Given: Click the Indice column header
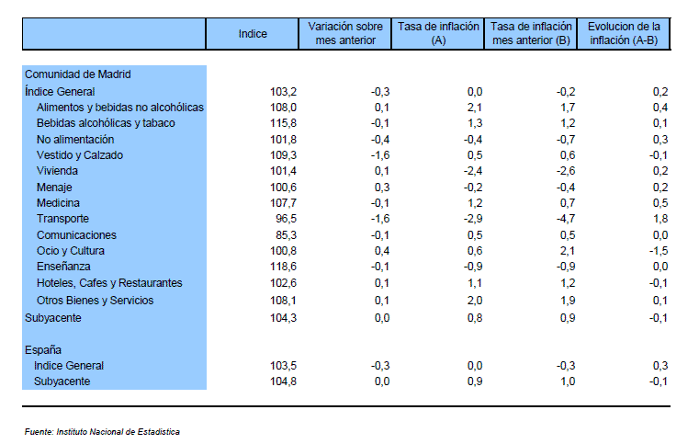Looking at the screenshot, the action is [253, 34].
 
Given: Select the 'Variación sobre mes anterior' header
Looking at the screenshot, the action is [345, 33].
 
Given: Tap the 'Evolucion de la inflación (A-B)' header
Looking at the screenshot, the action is [624, 33].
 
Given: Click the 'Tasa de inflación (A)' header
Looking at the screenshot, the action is [438, 33].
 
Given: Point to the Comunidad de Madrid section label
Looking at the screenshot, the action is [77, 74].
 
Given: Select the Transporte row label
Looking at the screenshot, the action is [62, 219].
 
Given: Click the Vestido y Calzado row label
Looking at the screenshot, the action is [80, 155].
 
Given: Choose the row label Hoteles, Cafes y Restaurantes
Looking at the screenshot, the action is [109, 283].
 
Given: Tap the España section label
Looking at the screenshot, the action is [43, 350].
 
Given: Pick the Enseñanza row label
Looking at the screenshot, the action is [63, 267].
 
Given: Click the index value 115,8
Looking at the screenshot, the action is [283, 123].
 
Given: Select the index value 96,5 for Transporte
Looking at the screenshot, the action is [286, 219].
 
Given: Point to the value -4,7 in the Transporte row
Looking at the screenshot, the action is [566, 219].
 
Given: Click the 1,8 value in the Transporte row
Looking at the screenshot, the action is [660, 219].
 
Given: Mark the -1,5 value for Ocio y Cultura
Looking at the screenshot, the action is [659, 251].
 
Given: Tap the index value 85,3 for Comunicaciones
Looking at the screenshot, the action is [286, 235].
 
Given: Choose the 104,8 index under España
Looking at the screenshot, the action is [283, 381].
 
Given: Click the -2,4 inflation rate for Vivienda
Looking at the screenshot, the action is [473, 171].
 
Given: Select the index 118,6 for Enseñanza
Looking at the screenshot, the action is [283, 267].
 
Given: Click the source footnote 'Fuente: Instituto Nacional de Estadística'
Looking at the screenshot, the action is [102, 432].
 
